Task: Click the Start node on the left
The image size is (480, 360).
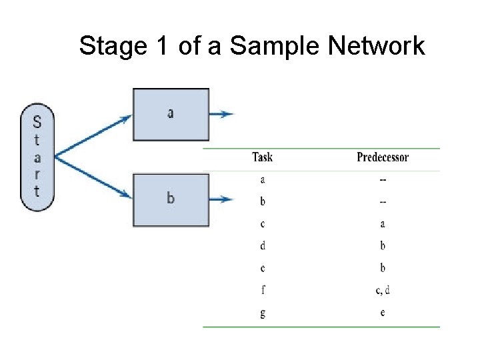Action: (x=37, y=157)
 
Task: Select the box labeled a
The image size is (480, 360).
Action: (x=171, y=114)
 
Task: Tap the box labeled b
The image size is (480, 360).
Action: (x=171, y=199)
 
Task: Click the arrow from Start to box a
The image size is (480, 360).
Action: (x=93, y=137)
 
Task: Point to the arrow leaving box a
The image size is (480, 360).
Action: (x=221, y=114)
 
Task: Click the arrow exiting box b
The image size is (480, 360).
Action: (x=221, y=199)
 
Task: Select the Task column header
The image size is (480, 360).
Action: (x=262, y=157)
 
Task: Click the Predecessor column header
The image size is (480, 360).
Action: (x=383, y=157)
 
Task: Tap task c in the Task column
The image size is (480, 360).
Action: (x=262, y=223)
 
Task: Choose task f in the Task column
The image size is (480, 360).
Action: (x=262, y=289)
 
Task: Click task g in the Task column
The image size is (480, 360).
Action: (x=262, y=312)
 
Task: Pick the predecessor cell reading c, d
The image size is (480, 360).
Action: (x=383, y=289)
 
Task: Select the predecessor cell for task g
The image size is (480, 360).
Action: (x=383, y=312)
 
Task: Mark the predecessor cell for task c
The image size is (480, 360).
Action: (x=383, y=223)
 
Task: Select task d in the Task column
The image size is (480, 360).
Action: (x=262, y=245)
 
